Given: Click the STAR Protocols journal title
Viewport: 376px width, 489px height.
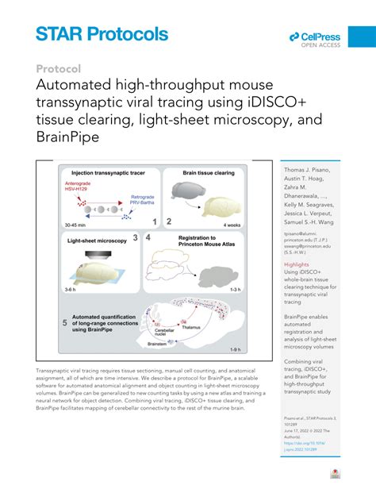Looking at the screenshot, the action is pyautogui.click(x=102, y=33).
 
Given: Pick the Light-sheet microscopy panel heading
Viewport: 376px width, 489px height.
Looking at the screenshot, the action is pyautogui.click(x=97, y=238).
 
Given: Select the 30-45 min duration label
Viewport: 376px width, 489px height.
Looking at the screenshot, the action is pyautogui.click(x=76, y=225).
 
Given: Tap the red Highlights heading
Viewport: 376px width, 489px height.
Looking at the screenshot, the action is pyautogui.click(x=297, y=264).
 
